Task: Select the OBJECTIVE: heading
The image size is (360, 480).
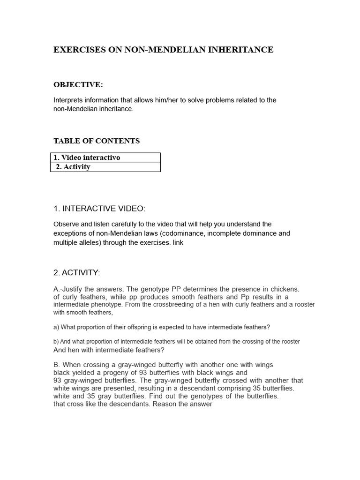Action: [x=78, y=85]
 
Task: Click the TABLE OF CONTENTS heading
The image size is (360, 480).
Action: [x=97, y=141]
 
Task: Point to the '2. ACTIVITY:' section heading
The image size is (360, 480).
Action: [x=77, y=273]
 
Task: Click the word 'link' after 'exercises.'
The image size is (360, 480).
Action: [x=178, y=242]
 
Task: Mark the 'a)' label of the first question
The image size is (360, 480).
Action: [x=56, y=327]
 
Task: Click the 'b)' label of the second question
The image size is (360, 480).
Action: [x=56, y=342]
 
